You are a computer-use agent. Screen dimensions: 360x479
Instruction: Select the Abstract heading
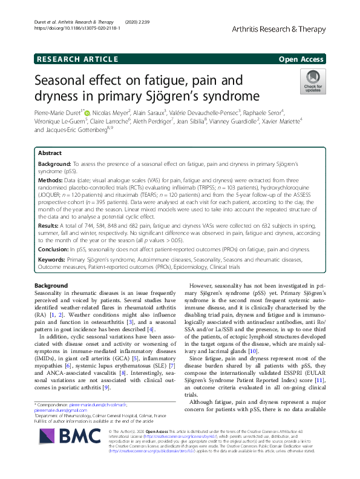point(50,154)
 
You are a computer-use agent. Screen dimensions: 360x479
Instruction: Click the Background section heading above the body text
point(51,285)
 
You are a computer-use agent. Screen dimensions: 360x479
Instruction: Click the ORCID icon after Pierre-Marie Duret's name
point(88,112)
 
